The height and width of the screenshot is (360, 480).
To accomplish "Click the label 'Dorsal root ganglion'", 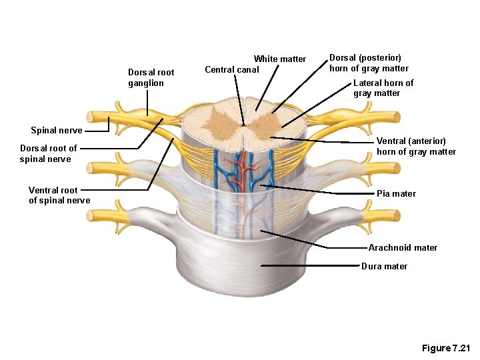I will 151,77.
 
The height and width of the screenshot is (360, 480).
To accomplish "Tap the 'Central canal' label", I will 231,69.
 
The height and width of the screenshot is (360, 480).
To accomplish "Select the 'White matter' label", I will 279,59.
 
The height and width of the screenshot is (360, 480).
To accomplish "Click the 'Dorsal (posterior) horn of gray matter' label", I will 369,63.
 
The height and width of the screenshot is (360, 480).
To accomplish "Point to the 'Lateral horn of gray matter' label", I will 383,88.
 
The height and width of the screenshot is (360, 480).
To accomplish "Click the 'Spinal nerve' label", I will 57,131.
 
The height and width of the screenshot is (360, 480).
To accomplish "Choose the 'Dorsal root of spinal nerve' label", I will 48,153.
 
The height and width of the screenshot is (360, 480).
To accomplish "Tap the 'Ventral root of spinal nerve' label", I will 59,195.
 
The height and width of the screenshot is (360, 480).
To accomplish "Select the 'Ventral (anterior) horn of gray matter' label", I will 416,146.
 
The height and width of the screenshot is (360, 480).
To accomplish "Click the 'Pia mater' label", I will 396,194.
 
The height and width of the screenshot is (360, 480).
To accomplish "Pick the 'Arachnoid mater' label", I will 403,248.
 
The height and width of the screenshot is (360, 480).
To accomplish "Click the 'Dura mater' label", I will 384,267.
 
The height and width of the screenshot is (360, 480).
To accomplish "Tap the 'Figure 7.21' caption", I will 446,349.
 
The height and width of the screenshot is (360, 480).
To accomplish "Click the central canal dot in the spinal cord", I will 244,124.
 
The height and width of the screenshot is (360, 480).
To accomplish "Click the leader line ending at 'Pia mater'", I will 320,189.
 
